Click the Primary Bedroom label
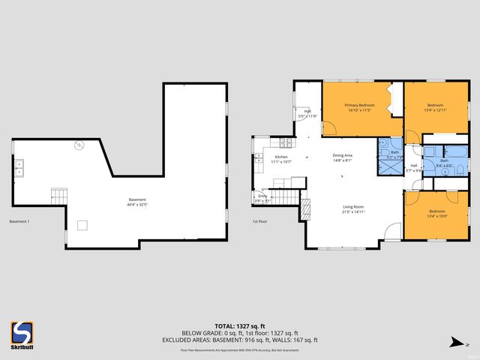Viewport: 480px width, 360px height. pos(360,107)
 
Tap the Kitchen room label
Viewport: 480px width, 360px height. pos(281,159)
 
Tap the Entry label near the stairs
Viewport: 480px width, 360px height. pos(262,198)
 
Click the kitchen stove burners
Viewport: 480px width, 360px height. pos(285,142)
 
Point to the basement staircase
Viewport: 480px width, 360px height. pos(59,197)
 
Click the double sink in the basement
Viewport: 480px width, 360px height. pos(19,167)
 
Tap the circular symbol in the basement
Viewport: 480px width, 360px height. pos(78,145)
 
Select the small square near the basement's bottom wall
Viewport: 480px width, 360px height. pos(82,224)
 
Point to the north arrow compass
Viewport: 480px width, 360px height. pos(454,342)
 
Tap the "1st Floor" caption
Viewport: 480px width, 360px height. pos(260,221)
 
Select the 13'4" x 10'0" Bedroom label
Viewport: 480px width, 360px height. pos(436,214)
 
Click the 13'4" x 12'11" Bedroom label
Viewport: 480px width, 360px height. pos(435,107)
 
